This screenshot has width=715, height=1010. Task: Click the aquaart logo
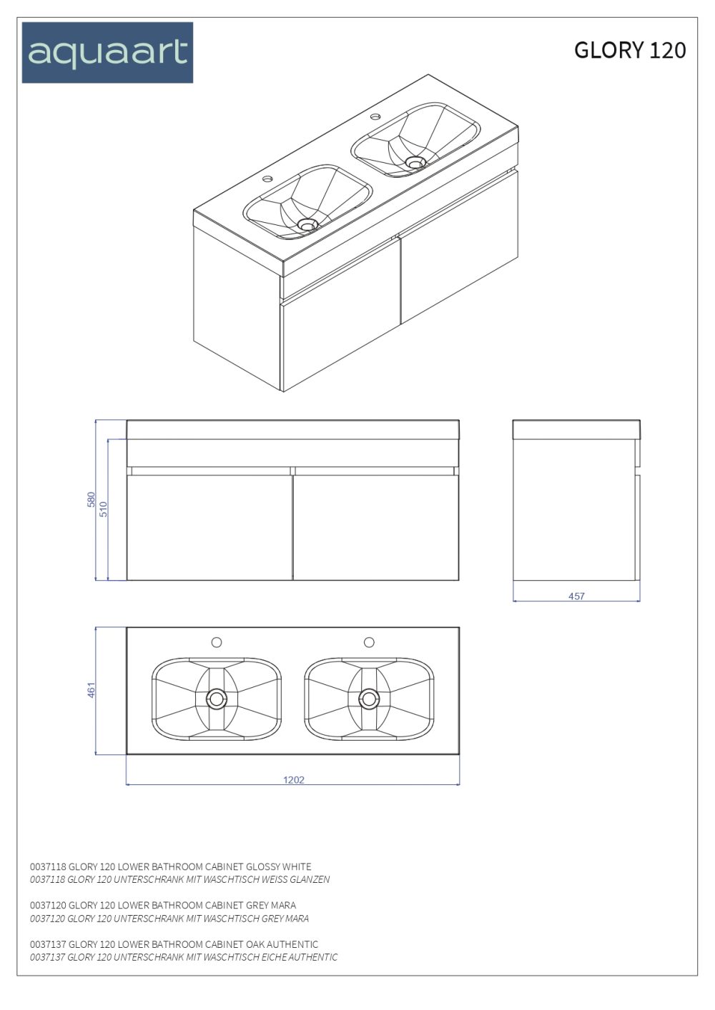click(x=107, y=53)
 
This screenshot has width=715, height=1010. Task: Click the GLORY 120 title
click(x=630, y=50)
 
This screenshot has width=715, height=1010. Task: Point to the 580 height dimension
click(x=92, y=499)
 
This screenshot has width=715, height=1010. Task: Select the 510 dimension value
click(x=104, y=509)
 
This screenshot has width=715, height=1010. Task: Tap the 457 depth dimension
click(x=576, y=596)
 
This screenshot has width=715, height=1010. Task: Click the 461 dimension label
click(x=92, y=690)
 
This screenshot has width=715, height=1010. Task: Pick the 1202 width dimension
click(x=294, y=779)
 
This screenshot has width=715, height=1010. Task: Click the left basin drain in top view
click(x=217, y=699)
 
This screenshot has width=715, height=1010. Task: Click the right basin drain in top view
click(x=369, y=699)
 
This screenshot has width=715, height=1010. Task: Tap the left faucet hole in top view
click(x=217, y=642)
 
